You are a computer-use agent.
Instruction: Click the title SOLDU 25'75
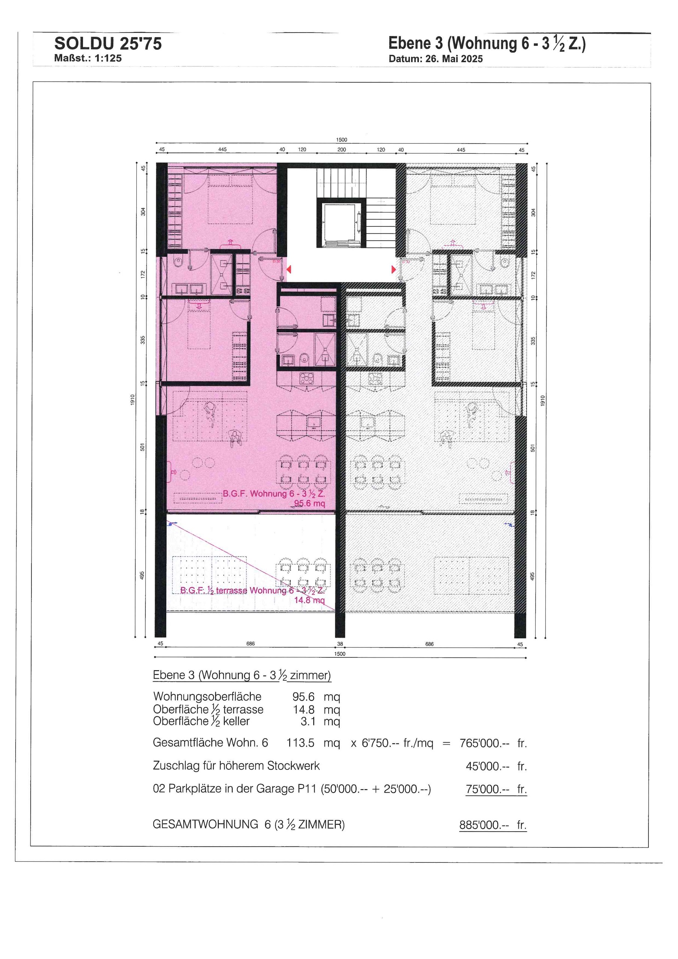[108, 44]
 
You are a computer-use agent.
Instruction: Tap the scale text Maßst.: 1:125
[88, 58]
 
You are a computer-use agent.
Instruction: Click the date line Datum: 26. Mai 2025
[435, 59]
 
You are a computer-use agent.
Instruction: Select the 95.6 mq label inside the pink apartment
[309, 503]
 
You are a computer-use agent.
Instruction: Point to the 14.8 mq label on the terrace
[309, 600]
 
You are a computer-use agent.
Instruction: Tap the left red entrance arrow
[289, 269]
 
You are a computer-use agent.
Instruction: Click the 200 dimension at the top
[342, 149]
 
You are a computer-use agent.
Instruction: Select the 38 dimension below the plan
[340, 644]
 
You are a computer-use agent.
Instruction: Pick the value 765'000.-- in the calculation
[485, 743]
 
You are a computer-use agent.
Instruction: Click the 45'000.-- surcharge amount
[487, 766]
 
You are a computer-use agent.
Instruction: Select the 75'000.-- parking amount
[487, 789]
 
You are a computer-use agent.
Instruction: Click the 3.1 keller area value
[308, 721]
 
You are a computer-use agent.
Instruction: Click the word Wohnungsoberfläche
[207, 697]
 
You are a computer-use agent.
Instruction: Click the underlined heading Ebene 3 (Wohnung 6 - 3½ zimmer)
[242, 675]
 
